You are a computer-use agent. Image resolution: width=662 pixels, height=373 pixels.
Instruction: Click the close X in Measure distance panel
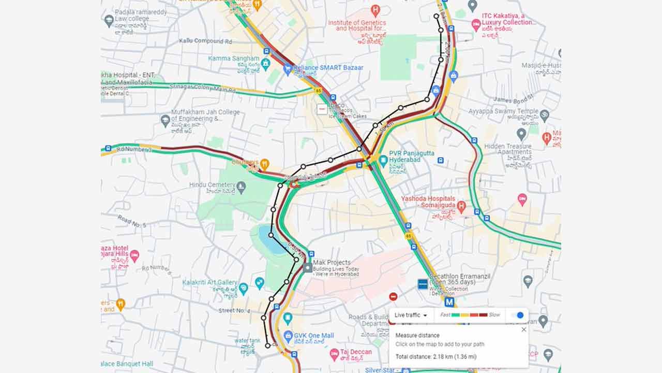(x=523, y=329)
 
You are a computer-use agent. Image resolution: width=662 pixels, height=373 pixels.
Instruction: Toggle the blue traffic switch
(x=517, y=315)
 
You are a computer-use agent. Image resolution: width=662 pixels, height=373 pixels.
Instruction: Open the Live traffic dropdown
(x=411, y=315)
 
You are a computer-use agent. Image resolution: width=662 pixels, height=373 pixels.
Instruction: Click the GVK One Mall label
(x=314, y=335)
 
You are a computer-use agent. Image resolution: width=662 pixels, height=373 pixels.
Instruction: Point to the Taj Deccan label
(x=356, y=352)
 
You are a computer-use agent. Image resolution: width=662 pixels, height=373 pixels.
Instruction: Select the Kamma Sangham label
(x=234, y=59)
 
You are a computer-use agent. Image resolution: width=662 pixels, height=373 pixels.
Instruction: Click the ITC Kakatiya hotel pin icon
(x=476, y=23)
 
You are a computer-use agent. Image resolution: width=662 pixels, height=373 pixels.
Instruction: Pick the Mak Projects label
(x=332, y=263)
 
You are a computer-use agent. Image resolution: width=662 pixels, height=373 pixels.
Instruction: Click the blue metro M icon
(x=449, y=302)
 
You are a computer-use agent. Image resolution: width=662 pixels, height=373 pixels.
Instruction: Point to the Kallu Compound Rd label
(x=205, y=41)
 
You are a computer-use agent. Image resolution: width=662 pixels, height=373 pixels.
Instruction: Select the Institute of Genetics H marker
(x=375, y=9)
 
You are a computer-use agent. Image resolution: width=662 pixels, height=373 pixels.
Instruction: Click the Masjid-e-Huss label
(x=540, y=65)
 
